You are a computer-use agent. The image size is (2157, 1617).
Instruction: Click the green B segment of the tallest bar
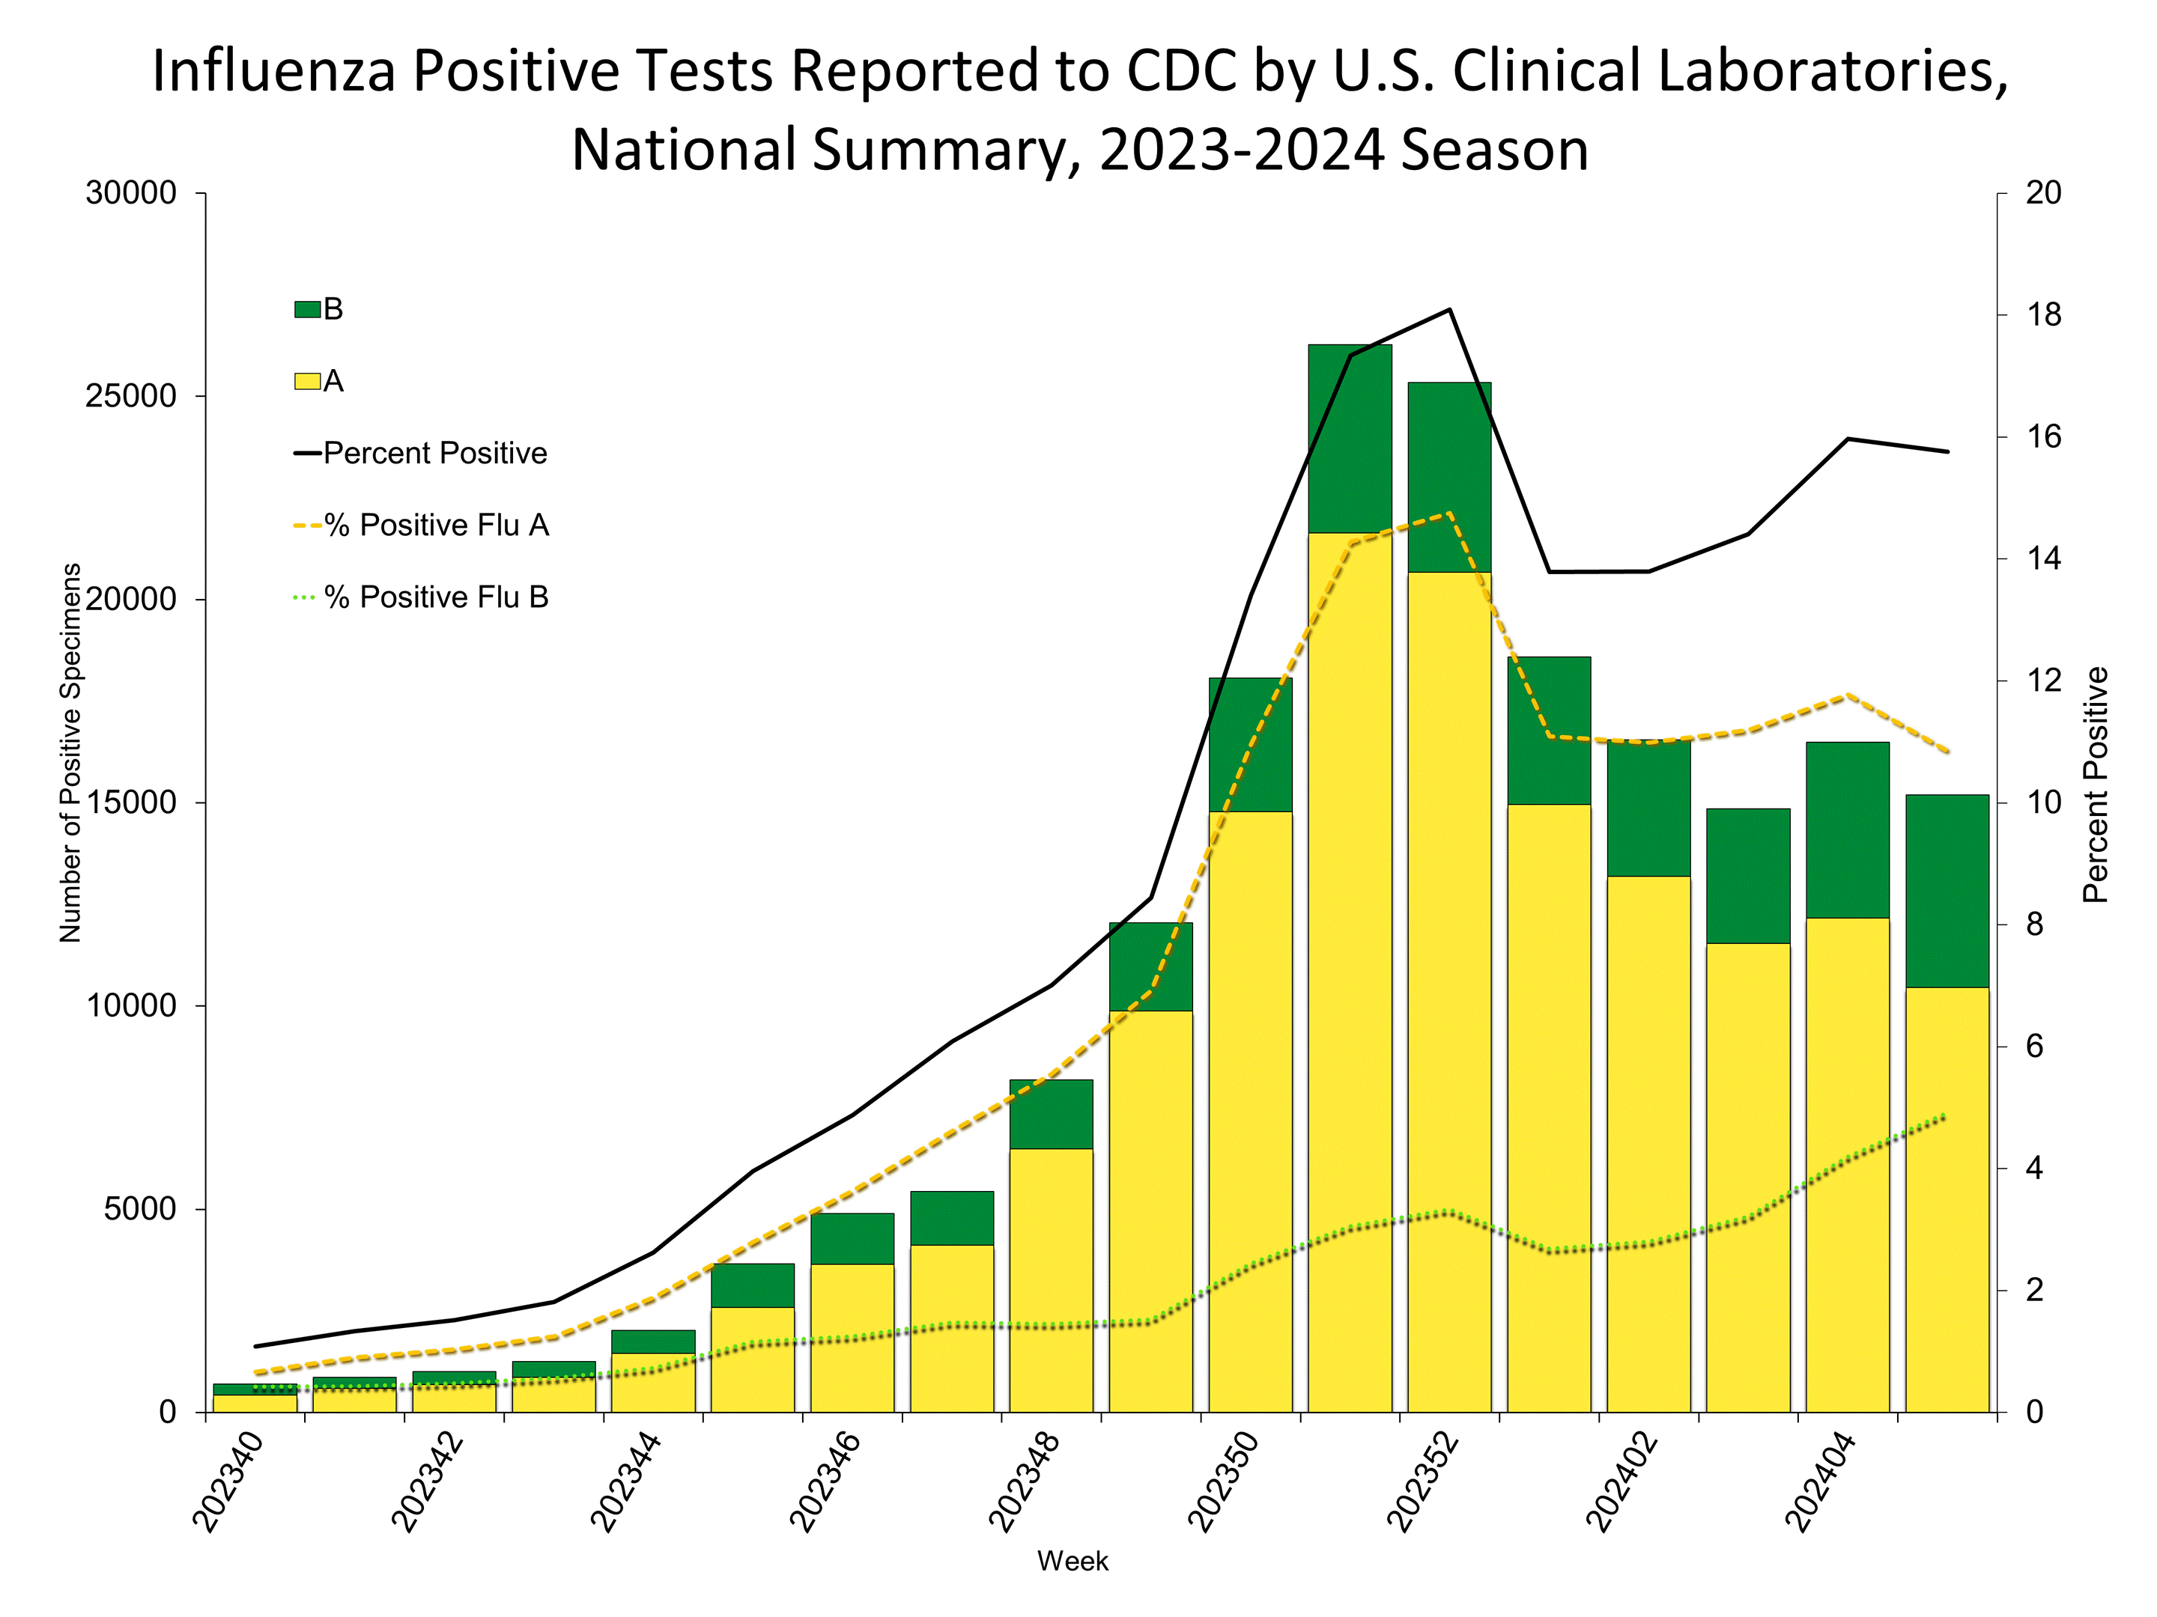[x=1350, y=439]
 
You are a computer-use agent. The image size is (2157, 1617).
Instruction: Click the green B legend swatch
[x=307, y=310]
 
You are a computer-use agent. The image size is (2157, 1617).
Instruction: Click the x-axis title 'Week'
[x=1073, y=1562]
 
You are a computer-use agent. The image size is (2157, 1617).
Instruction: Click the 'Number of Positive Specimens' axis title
[x=70, y=752]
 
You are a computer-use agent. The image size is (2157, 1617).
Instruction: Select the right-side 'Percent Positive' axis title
[x=2096, y=785]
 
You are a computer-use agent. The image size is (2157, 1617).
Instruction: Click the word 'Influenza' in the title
[x=273, y=71]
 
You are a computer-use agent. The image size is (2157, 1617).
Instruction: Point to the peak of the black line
[x=1450, y=309]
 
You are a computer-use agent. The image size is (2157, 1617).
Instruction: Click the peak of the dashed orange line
[x=1450, y=514]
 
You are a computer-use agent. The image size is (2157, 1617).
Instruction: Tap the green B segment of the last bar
[x=1947, y=891]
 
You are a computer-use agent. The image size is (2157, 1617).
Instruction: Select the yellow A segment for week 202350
[x=1250, y=1111]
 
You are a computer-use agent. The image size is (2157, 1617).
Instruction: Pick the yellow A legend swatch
[x=307, y=381]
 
